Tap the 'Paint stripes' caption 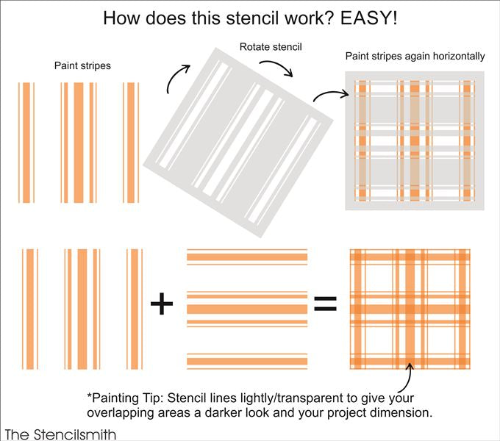pyautogui.click(x=82, y=65)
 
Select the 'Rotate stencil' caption pyautogui.click(x=271, y=48)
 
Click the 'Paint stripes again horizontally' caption pyautogui.click(x=415, y=57)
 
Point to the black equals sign pyautogui.click(x=324, y=304)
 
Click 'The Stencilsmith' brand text pyautogui.click(x=60, y=433)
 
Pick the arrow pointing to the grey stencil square pyautogui.click(x=327, y=95)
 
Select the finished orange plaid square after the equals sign pyautogui.click(x=409, y=308)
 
